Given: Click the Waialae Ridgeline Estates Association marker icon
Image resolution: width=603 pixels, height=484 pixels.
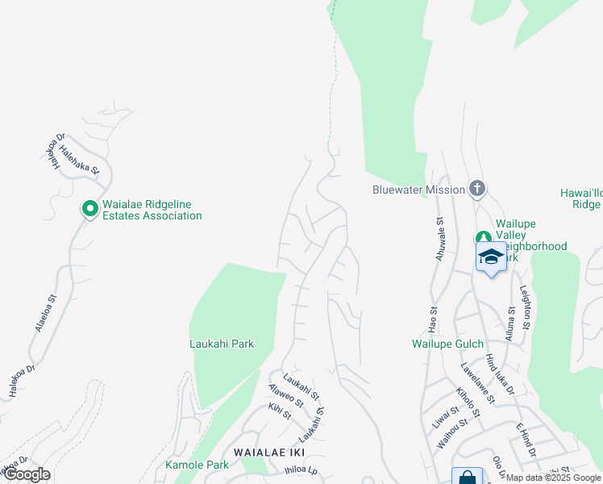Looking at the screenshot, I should (89, 209).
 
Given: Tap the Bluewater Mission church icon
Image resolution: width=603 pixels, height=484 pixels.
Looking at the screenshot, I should (477, 190).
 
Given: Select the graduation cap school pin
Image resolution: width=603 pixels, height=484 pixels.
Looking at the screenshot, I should (491, 258).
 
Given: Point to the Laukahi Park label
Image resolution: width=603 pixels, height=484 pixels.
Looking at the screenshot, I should (221, 344).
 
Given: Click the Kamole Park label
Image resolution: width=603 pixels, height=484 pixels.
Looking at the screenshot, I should (198, 465).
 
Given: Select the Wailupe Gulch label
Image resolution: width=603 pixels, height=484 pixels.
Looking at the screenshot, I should (440, 344).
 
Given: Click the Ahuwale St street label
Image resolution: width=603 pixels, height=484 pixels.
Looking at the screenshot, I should (440, 233).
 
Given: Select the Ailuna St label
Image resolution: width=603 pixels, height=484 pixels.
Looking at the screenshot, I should (510, 323).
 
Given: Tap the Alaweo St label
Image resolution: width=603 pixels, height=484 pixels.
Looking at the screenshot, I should (285, 394).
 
